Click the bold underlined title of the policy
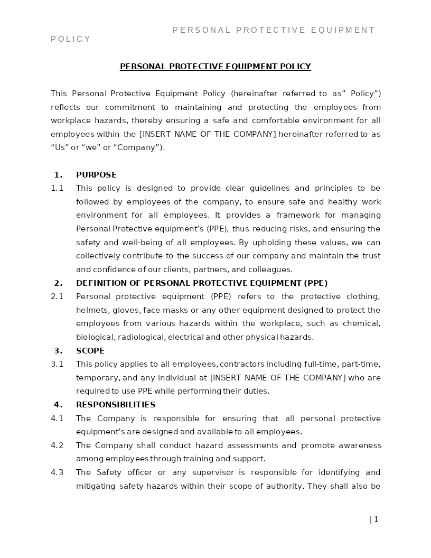[215, 67]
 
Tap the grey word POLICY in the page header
[71, 39]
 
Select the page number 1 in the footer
[376, 519]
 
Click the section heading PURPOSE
[96, 175]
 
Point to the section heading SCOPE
[90, 351]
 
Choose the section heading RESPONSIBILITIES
[116, 405]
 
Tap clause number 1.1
[57, 188]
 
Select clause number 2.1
[57, 296]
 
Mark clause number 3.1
[57, 364]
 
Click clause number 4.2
[57, 445]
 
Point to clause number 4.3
[57, 472]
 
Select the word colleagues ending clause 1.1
[270, 269]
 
